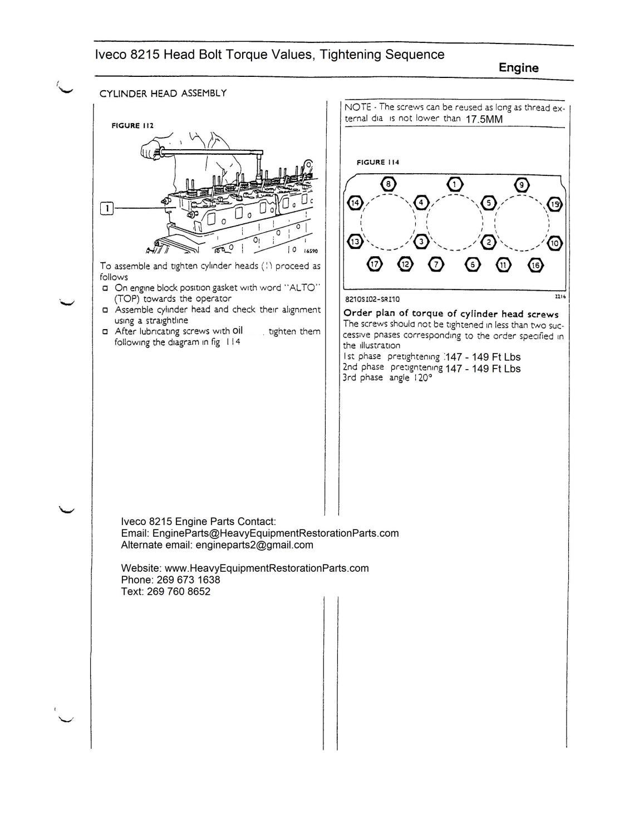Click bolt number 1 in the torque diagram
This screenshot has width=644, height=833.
click(x=455, y=184)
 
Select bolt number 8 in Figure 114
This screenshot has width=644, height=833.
click(x=388, y=184)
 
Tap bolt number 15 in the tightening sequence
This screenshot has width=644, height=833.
click(x=555, y=204)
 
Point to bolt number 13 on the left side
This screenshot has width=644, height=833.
click(x=354, y=242)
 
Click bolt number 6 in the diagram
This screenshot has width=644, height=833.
click(x=473, y=264)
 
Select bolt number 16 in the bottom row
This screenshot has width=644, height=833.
click(x=535, y=264)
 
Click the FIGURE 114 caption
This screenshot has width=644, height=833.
click(x=377, y=162)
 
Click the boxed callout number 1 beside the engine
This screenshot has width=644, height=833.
click(x=106, y=209)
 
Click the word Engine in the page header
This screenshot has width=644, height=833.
click(x=518, y=68)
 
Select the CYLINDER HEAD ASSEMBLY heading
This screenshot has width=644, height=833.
click(x=163, y=94)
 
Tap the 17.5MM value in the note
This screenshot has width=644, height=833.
click(x=484, y=119)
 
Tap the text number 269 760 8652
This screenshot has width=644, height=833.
click(x=179, y=591)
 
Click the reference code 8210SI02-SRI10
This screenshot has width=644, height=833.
click(x=372, y=299)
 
